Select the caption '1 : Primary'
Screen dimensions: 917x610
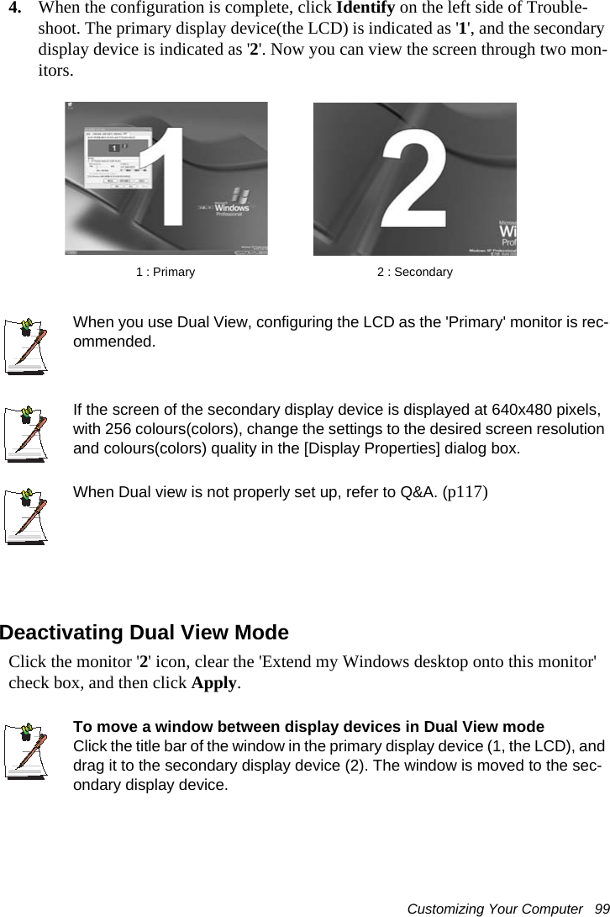tap(166, 273)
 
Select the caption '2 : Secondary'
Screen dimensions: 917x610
tap(414, 273)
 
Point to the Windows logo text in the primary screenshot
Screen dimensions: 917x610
tap(229, 207)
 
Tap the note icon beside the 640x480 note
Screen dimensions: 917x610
tap(25, 432)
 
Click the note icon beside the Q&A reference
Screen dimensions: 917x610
tap(25, 513)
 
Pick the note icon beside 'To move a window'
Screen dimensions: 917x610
tap(25, 749)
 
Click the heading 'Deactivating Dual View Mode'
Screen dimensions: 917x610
tap(145, 633)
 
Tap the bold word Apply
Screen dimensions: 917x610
tap(214, 682)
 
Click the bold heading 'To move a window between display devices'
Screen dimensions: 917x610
tap(308, 726)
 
